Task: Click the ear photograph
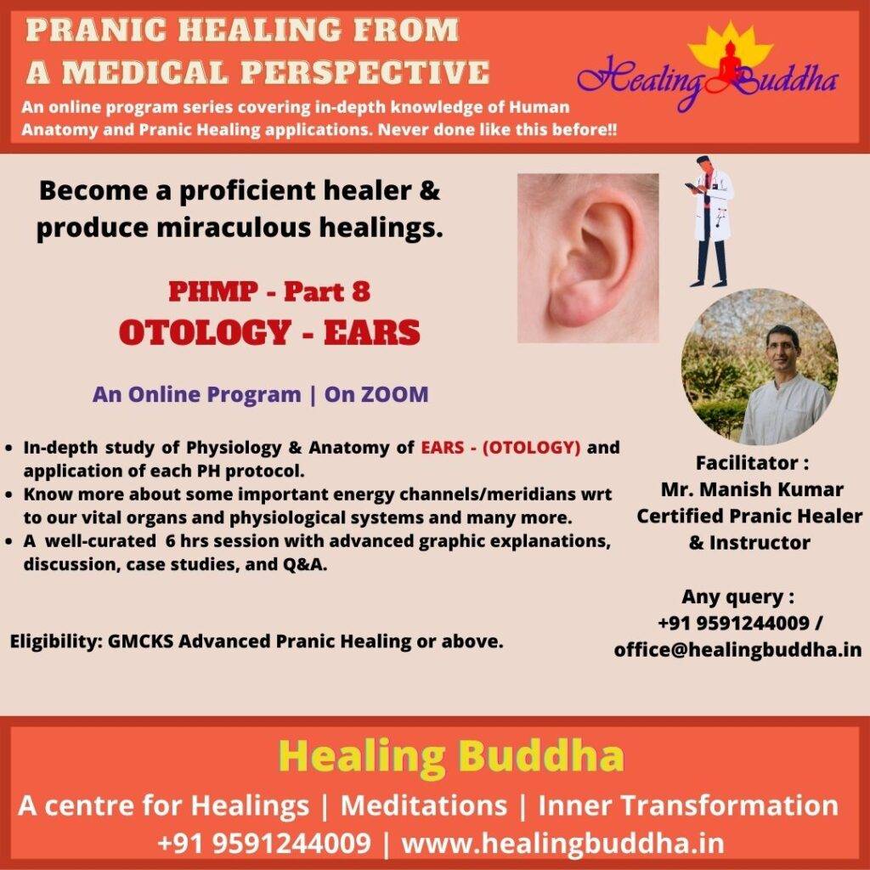click(x=588, y=257)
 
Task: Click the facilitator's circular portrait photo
click(x=759, y=366)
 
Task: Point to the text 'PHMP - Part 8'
click(x=269, y=291)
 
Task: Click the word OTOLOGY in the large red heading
click(x=205, y=332)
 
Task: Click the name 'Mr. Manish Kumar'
click(x=752, y=489)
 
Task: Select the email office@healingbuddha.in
click(x=737, y=649)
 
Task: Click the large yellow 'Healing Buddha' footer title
click(x=451, y=755)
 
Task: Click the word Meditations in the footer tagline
click(x=423, y=805)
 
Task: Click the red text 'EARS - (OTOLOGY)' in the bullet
click(x=500, y=447)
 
